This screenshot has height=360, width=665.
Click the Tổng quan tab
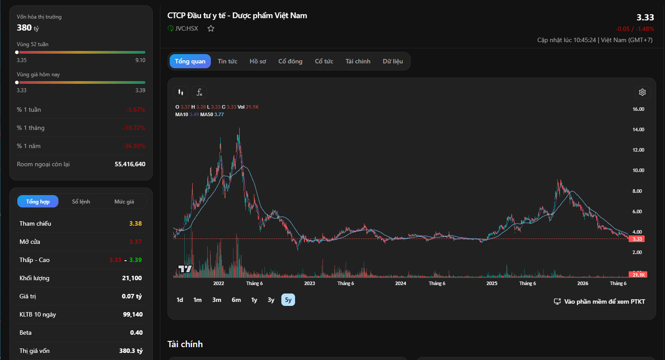click(x=190, y=61)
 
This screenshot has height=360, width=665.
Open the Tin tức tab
click(x=227, y=61)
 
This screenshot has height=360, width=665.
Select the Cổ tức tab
click(x=324, y=61)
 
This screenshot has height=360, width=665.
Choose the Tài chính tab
click(x=358, y=61)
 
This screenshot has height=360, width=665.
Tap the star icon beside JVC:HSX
click(x=211, y=28)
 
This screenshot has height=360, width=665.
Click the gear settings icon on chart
click(x=642, y=92)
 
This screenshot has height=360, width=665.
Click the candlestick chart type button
click(x=180, y=92)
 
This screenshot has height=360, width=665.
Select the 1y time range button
click(x=254, y=300)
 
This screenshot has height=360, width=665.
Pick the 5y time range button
click(x=288, y=300)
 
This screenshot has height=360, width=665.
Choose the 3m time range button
click(x=217, y=300)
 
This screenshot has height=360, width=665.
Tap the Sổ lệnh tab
click(x=81, y=202)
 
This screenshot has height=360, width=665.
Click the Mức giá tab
click(x=124, y=202)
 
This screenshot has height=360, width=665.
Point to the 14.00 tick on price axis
click(x=638, y=129)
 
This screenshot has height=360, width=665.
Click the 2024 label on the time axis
click(x=401, y=283)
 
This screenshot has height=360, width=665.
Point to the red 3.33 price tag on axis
click(x=637, y=239)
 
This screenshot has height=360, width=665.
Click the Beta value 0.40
click(x=136, y=333)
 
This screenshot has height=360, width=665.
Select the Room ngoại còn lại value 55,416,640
click(x=130, y=164)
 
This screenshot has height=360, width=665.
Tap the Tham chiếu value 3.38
click(x=136, y=223)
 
